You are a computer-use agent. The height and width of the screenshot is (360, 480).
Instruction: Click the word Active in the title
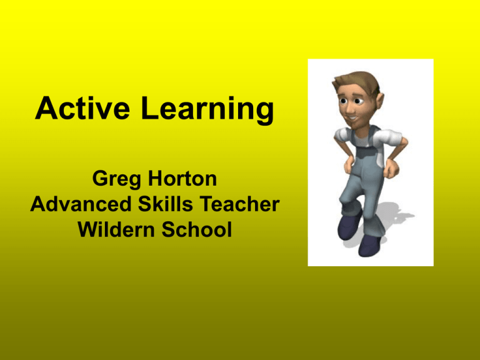pos(82,107)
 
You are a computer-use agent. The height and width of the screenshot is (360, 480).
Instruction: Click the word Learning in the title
pos(207,110)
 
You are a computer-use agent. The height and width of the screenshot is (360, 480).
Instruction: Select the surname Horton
pos(182,178)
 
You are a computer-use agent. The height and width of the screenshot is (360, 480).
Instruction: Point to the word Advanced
pos(81,204)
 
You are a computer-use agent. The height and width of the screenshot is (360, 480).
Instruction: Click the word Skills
pos(165,204)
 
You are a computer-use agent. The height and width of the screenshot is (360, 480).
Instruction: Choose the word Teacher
pos(240,204)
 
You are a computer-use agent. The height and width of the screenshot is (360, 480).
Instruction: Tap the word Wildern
pos(116,229)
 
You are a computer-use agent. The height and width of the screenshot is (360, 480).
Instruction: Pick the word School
pos(196,229)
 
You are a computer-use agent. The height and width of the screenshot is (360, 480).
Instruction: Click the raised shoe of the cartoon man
pos(348,226)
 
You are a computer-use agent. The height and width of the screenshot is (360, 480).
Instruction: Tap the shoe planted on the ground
pos(369,245)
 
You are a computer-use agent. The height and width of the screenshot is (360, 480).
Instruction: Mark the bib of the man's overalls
pos(365,153)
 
